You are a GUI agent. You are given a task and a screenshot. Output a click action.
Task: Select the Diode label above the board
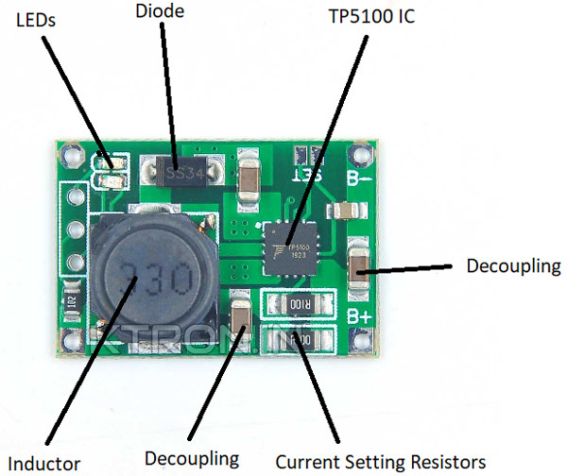(x=160, y=11)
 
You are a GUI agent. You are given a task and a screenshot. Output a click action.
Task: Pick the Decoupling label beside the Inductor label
(x=191, y=458)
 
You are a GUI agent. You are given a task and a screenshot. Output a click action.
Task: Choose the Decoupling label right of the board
(x=513, y=265)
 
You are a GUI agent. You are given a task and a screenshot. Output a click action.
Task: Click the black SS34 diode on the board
(x=182, y=173)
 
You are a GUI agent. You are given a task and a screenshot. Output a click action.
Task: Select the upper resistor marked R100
(x=300, y=305)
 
